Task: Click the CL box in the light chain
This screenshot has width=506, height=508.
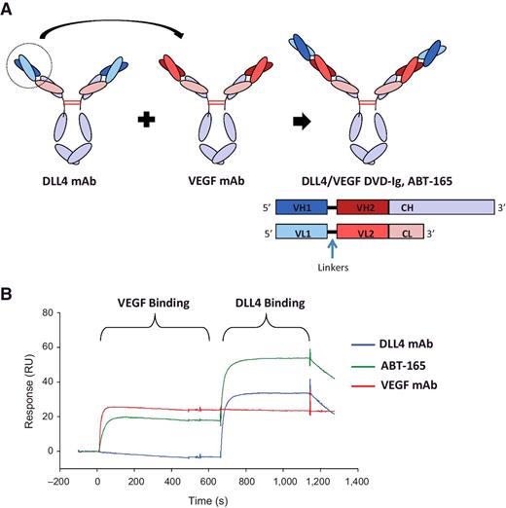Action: (404, 234)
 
